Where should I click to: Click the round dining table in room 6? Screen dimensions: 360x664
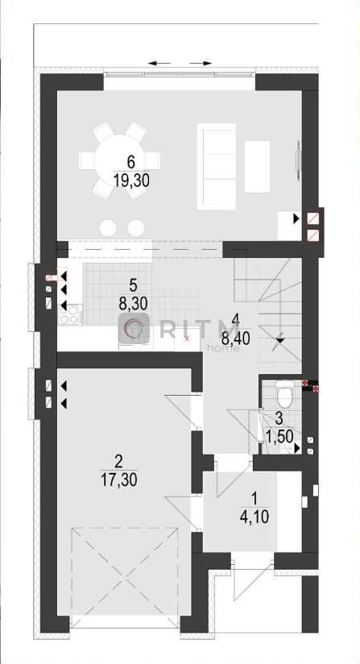point(120,160)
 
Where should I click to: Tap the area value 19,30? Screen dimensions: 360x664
point(131,181)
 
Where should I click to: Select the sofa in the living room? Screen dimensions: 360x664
point(216,166)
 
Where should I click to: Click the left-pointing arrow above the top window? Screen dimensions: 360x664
point(159,64)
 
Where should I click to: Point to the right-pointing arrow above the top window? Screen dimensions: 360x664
point(201,64)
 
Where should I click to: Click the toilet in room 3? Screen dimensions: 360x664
point(283,392)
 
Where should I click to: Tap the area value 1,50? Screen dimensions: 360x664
point(279,436)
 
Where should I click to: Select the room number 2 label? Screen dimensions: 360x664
point(119,462)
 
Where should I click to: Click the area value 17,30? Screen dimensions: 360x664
point(119,479)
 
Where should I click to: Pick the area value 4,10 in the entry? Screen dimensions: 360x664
point(254,517)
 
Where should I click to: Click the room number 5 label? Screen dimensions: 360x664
point(133,286)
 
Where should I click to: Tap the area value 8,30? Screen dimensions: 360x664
point(133,304)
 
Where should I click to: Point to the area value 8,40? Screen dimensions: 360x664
point(236,338)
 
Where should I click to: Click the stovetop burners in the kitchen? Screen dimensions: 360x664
point(70,314)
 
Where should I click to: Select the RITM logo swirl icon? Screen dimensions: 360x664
point(133,329)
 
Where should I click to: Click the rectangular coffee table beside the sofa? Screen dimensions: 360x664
point(257,167)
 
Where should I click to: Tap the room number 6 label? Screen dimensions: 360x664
point(131,162)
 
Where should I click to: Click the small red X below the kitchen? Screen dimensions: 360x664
point(187,338)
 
